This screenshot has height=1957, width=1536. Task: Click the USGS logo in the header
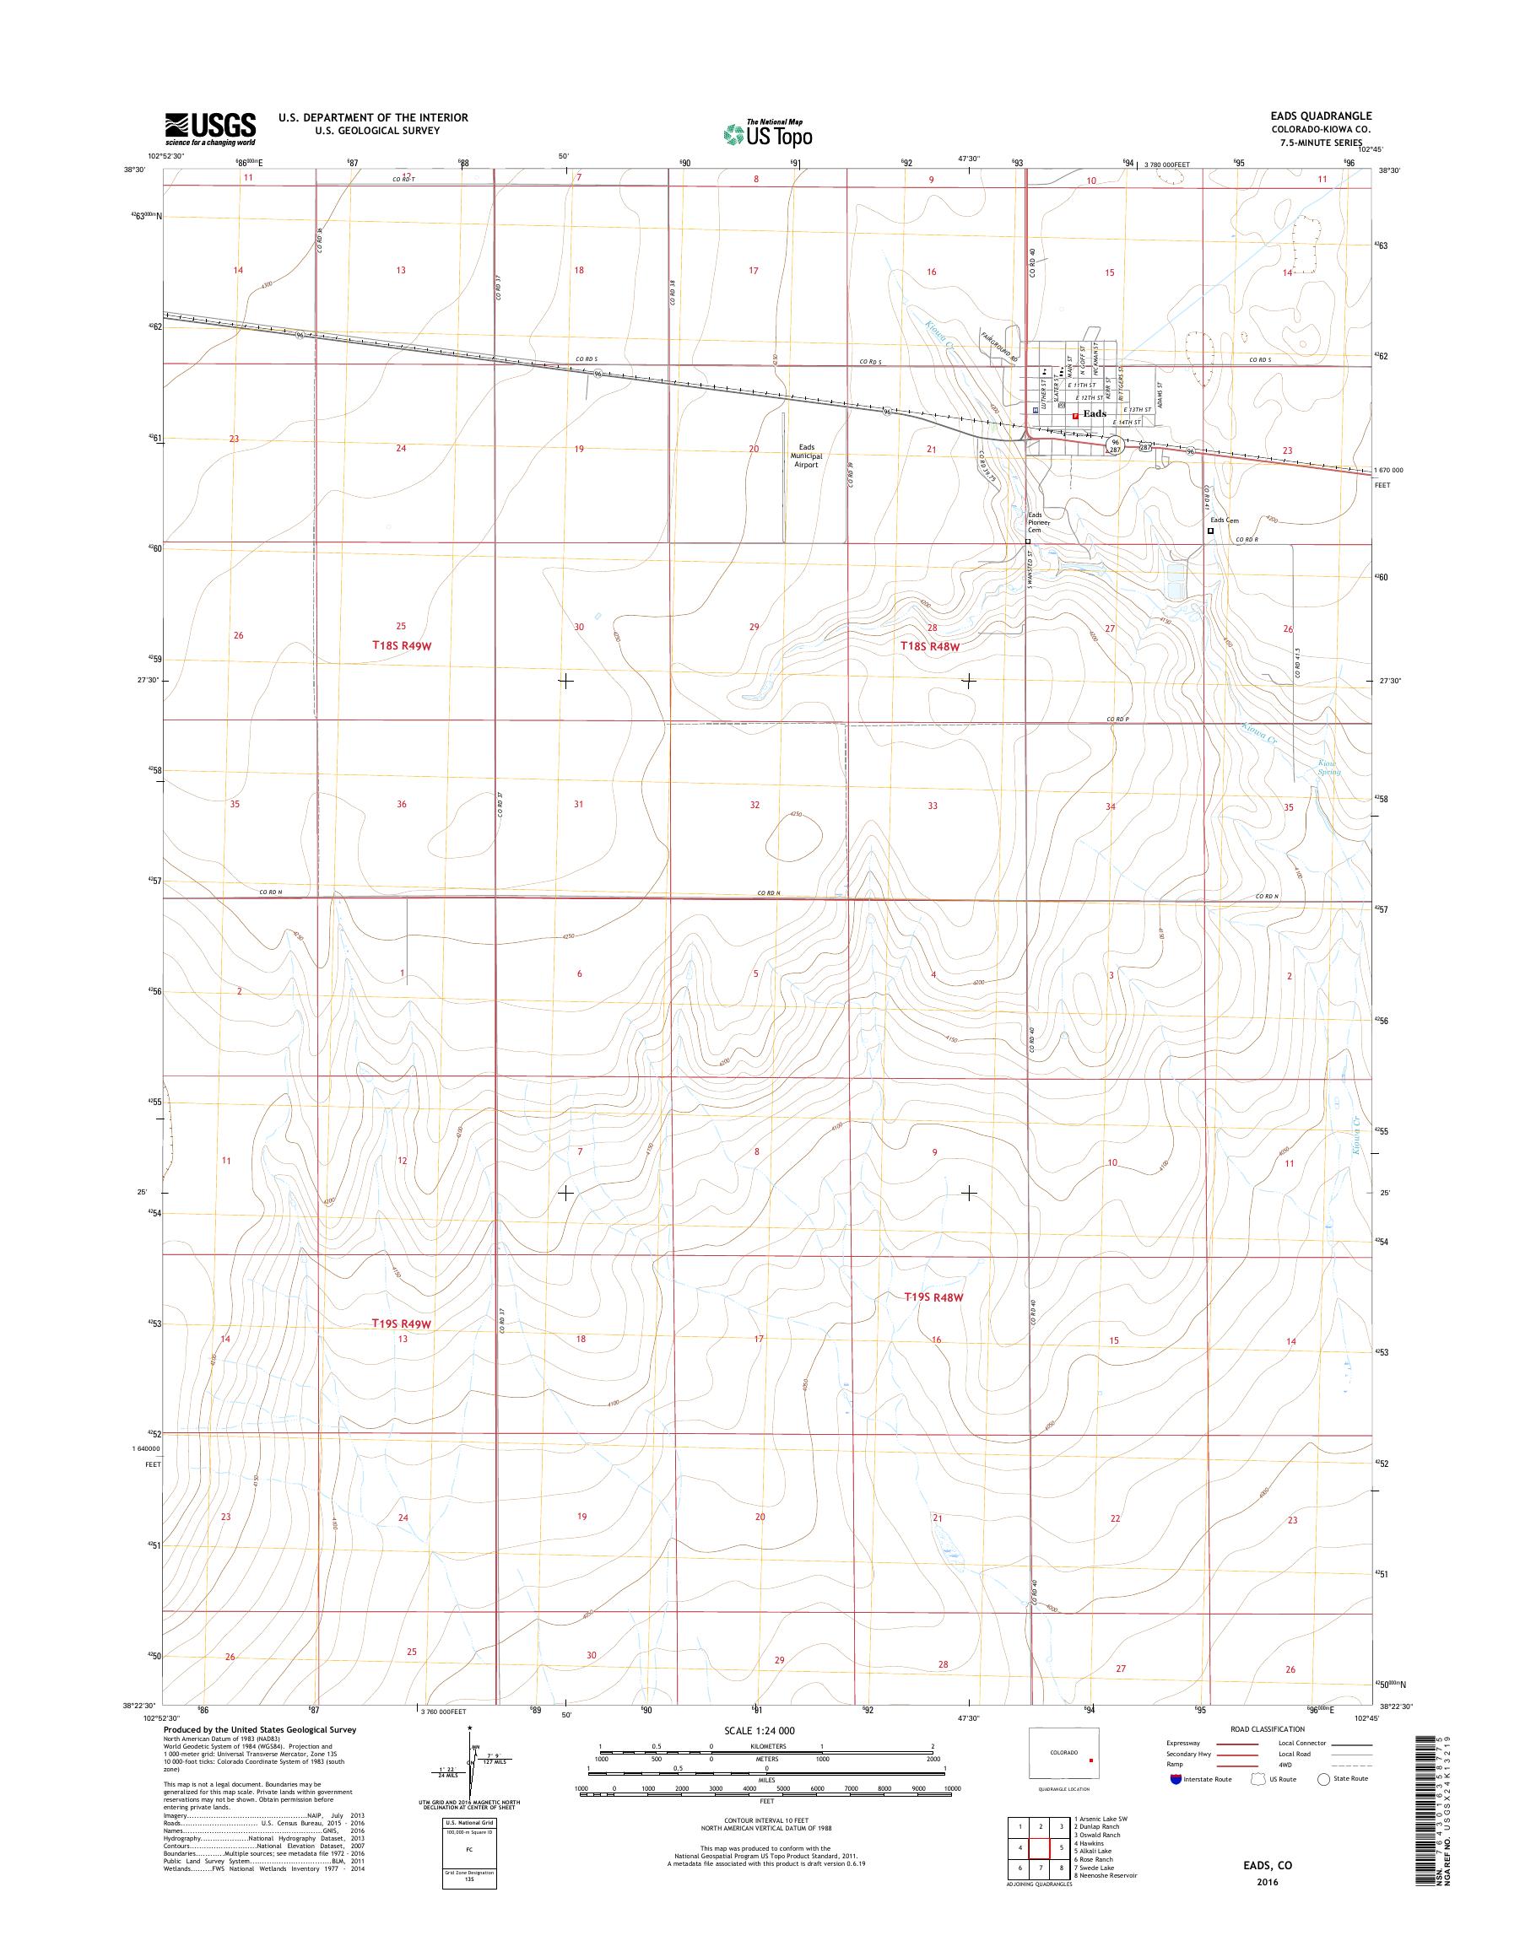209,129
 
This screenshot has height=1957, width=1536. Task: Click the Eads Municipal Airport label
805,456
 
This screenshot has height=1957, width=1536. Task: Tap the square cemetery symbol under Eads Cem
1210,531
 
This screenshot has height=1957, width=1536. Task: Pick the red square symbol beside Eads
1074,415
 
